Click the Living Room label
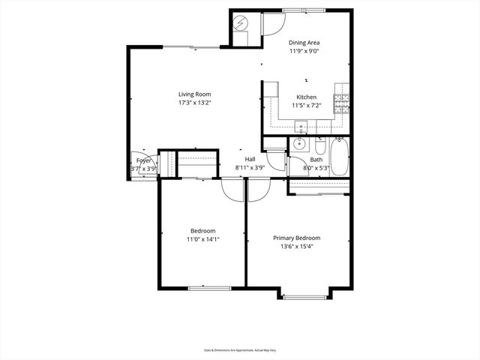(x=194, y=94)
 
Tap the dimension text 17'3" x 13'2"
(x=194, y=103)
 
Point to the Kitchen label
(x=306, y=97)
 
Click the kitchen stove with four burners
(x=341, y=103)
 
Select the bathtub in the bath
(x=340, y=157)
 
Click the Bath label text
(x=316, y=160)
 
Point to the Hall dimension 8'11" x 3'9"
(x=250, y=169)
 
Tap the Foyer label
(x=144, y=160)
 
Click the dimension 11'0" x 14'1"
(x=202, y=239)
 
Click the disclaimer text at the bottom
(x=239, y=349)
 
